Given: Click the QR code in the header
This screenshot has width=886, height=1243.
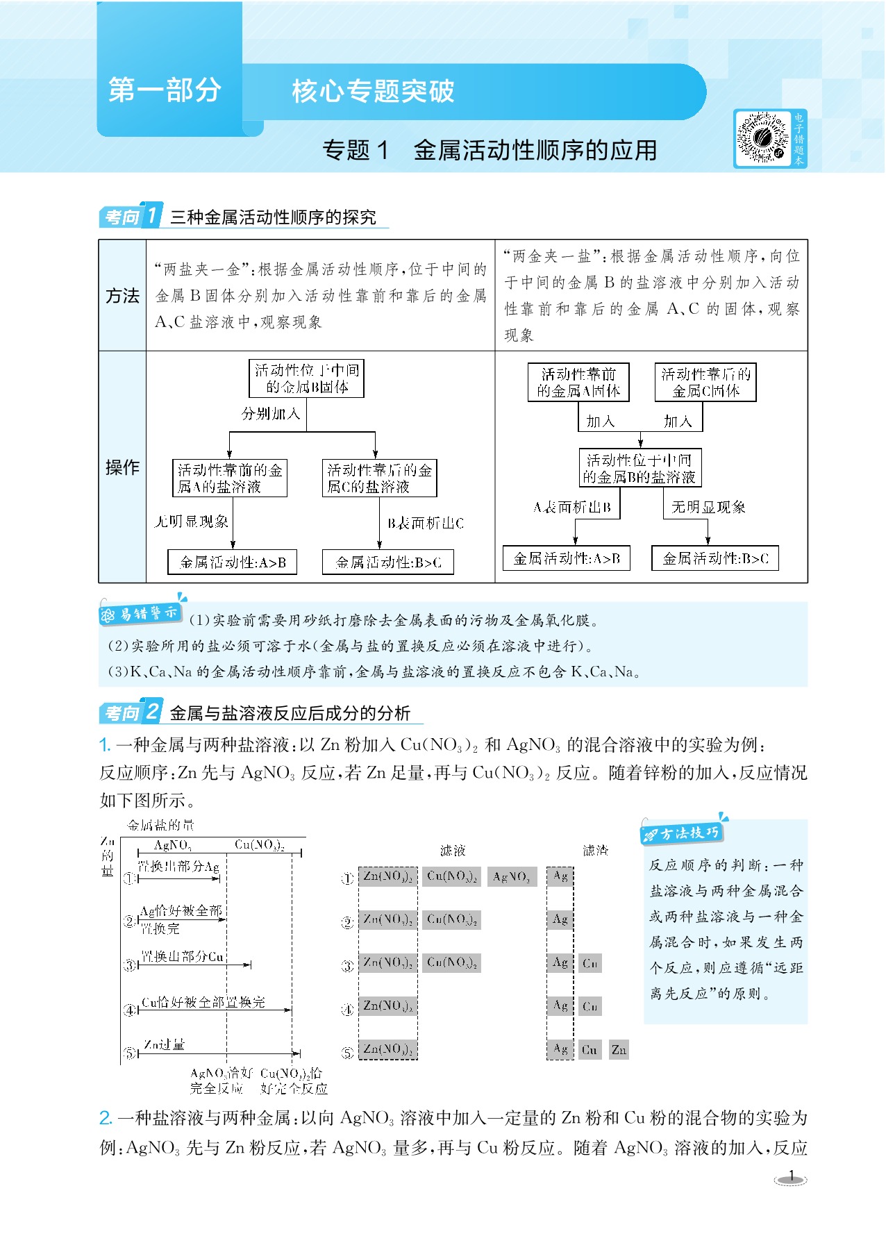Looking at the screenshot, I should tap(762, 138).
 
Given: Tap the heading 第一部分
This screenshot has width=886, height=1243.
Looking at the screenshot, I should tap(165, 90).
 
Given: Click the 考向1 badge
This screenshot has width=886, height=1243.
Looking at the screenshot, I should tap(131, 216).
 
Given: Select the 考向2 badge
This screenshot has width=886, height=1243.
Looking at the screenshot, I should tap(131, 712).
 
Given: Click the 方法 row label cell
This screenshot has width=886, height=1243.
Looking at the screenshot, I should tap(122, 296).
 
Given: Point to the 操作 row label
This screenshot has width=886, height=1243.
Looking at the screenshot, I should tap(122, 467).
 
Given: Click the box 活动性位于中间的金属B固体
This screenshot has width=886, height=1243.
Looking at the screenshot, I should tap(306, 378).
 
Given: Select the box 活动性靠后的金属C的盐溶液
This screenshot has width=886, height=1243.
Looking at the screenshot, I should tap(379, 478).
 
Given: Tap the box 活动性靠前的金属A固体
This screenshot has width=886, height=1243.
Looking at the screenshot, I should tap(578, 383).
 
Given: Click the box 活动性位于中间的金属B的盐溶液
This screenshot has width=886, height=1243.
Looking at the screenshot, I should tap(640, 468).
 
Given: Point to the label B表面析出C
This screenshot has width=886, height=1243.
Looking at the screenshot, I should tap(425, 524).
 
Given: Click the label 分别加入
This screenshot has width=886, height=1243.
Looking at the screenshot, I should tap(270, 414).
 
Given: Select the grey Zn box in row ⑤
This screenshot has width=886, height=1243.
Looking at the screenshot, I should tap(619, 1050).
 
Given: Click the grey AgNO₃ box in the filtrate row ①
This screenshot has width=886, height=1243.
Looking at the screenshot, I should tap(512, 877).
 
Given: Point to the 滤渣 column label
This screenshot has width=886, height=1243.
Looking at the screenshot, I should tap(595, 850).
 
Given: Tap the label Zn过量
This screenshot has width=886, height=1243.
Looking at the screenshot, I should tap(165, 1044).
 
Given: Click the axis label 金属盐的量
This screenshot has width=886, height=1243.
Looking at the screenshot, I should tap(160, 825).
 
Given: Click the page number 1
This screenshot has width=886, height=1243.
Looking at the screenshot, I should tap(791, 1177).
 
